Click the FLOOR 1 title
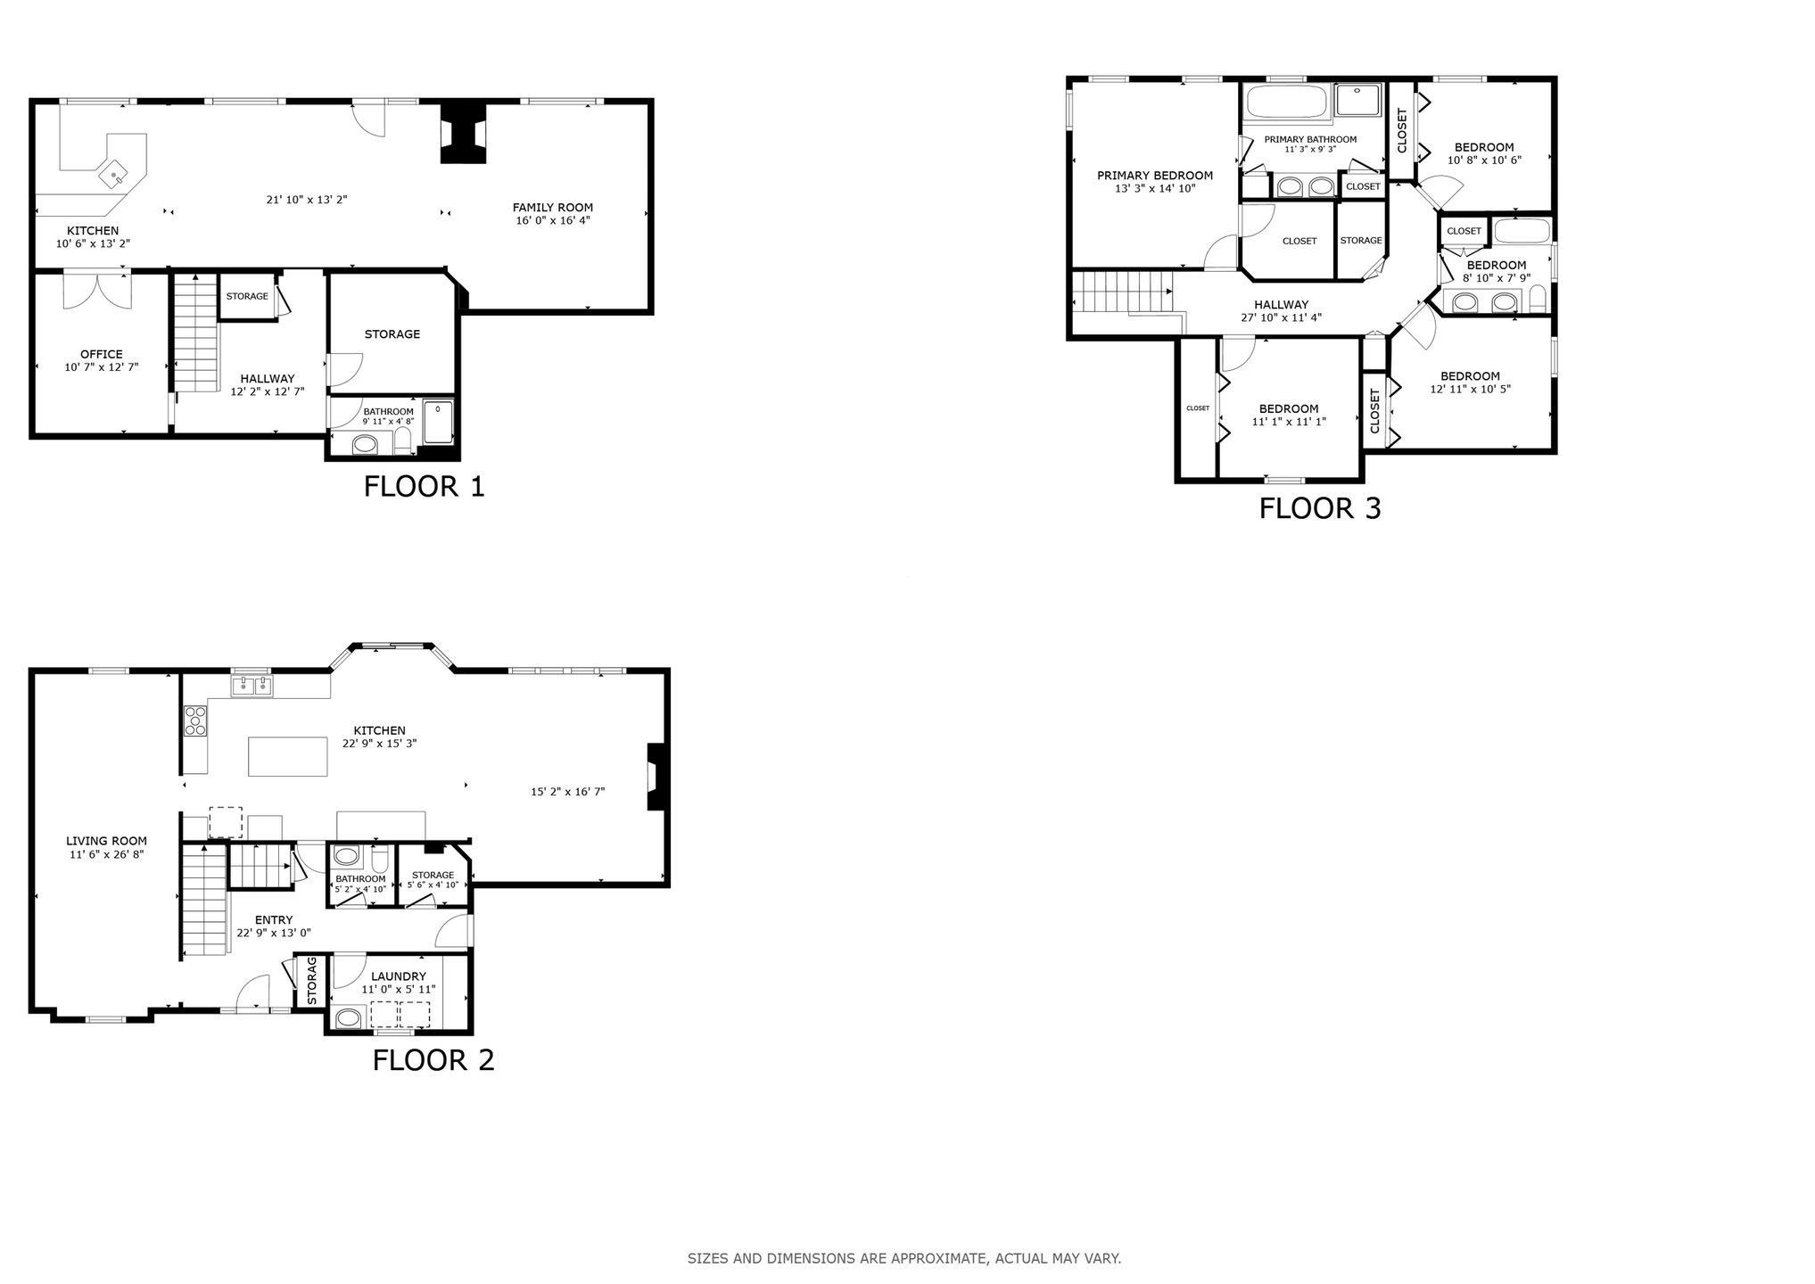tap(424, 487)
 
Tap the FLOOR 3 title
tap(1319, 508)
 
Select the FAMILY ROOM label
tap(553, 208)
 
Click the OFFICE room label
tap(102, 354)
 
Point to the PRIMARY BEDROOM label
tap(1155, 176)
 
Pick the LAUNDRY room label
tap(399, 976)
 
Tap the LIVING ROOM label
tap(106, 841)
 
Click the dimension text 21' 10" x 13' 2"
tap(307, 200)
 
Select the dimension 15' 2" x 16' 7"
tap(568, 791)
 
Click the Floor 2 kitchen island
tap(288, 756)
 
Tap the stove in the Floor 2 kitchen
tap(195, 720)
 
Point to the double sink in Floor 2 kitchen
tap(252, 686)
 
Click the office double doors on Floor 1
tap(96, 290)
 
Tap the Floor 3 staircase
tap(1122, 292)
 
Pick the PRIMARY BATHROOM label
tap(1310, 139)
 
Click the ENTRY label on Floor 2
tap(274, 920)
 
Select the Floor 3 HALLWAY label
tap(1281, 305)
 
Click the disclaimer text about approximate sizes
tap(904, 1259)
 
